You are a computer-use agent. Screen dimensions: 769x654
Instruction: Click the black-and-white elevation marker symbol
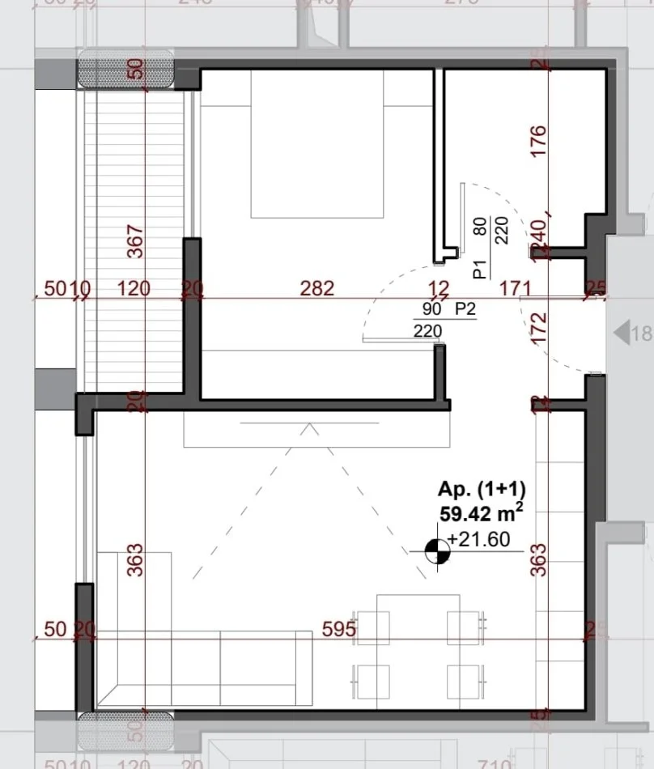click(x=438, y=552)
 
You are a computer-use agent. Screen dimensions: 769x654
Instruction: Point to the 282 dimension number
click(x=316, y=288)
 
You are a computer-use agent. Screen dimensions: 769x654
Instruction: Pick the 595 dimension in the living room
click(x=338, y=629)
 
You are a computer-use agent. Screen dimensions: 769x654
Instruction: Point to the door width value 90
click(x=431, y=309)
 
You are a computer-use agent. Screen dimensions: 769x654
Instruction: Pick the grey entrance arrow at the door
click(x=621, y=333)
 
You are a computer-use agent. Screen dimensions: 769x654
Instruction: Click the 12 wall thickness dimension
click(x=440, y=288)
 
